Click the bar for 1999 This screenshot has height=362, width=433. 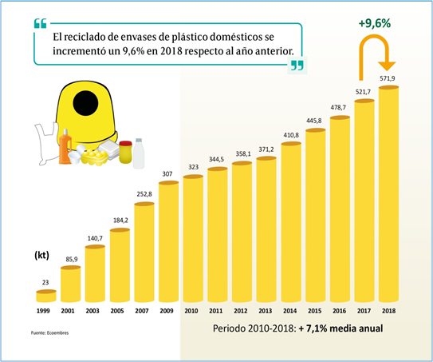pyautogui.click(x=46, y=296)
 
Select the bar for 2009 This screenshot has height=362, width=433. pyautogui.click(x=169, y=241)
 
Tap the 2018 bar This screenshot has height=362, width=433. pyautogui.click(x=389, y=194)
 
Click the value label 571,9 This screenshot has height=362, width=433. pyautogui.click(x=388, y=78)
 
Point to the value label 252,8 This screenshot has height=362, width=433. pyautogui.click(x=144, y=194)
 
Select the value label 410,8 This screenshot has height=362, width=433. pyautogui.click(x=291, y=135)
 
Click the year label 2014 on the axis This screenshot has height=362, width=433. pyautogui.click(x=290, y=311)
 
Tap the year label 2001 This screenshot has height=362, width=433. pyautogui.click(x=68, y=311)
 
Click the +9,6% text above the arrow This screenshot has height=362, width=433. pyautogui.click(x=375, y=23)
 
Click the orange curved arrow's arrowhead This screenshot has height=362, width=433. pyautogui.click(x=388, y=66)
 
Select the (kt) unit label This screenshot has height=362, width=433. pyautogui.click(x=41, y=255)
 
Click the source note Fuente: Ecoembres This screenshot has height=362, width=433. pyautogui.click(x=49, y=332)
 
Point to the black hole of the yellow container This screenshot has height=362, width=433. pyautogui.click(x=85, y=103)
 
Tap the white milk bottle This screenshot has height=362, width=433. pyautogui.click(x=139, y=153)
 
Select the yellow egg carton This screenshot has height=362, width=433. pyautogui.click(x=94, y=157)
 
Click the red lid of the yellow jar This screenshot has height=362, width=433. pyautogui.click(x=126, y=143)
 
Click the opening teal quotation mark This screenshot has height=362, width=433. pyautogui.click(x=41, y=23)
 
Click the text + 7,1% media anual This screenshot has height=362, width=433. pyautogui.click(x=340, y=328)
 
